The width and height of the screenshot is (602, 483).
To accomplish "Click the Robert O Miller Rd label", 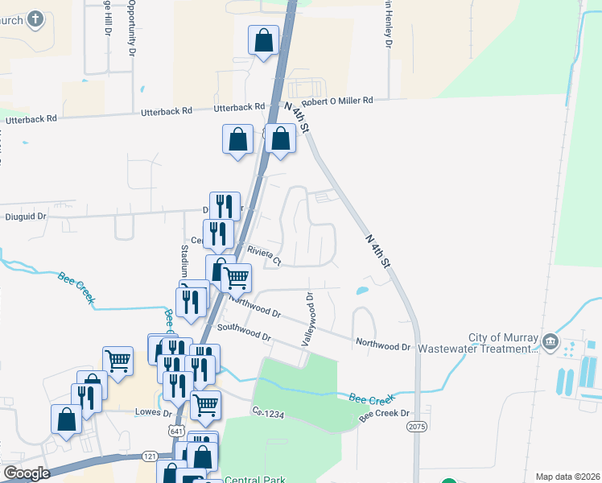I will (x=338, y=101).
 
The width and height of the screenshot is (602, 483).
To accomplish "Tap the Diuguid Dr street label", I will (x=26, y=216).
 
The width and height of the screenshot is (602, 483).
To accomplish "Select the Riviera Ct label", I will (x=264, y=255).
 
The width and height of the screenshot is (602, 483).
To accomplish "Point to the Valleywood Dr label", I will (x=308, y=320).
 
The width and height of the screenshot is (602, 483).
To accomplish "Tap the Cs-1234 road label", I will (x=269, y=414).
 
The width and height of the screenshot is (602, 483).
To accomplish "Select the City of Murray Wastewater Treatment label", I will (x=503, y=343).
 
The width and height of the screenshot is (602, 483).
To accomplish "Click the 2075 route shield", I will (x=416, y=425).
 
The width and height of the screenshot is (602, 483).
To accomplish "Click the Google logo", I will (x=27, y=473).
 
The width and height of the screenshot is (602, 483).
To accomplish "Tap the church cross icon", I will (x=35, y=19).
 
